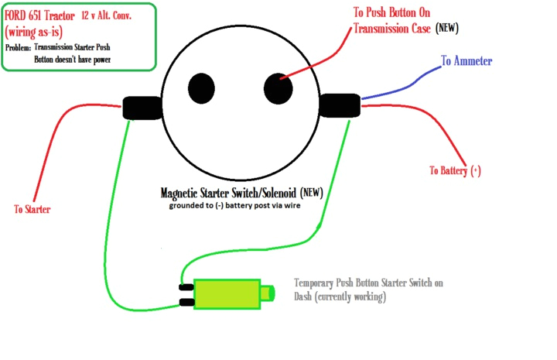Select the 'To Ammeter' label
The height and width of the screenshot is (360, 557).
[466, 61]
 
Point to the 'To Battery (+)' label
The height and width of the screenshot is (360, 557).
[460, 170]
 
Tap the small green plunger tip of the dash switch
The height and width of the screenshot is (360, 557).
[268, 293]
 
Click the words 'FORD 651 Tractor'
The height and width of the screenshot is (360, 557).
[39, 16]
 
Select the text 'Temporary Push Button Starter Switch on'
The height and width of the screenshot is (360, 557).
[369, 283]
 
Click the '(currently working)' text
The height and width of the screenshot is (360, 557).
[340, 297]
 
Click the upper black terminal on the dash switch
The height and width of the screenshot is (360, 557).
[186, 286]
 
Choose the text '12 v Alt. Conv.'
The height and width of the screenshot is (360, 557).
[113, 16]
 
